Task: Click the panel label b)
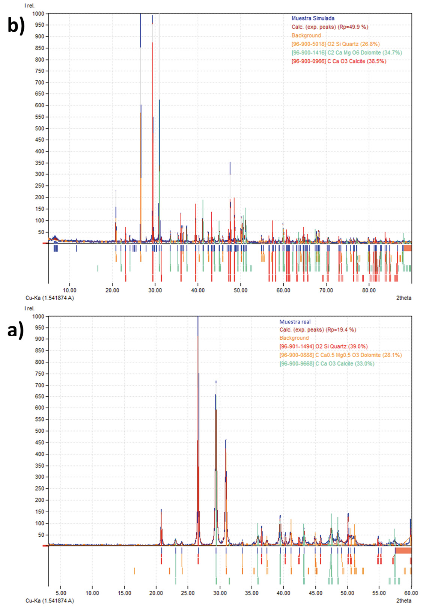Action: [16, 26]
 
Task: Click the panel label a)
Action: [16, 330]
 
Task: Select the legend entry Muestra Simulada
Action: [313, 18]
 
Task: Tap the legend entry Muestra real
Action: [295, 322]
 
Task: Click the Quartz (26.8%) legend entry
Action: [335, 44]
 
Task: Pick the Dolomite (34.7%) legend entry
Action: [346, 53]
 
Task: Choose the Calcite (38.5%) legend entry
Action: [339, 61]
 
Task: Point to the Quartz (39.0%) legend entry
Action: [323, 346]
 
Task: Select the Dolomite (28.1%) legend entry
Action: [340, 355]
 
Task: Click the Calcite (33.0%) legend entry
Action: [327, 364]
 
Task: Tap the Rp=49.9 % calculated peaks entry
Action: [330, 27]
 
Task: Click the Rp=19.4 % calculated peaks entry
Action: [318, 330]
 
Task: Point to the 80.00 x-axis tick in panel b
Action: [369, 290]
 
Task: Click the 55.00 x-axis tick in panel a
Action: [379, 593]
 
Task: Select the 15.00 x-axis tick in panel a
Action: [124, 593]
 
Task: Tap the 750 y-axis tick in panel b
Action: [39, 71]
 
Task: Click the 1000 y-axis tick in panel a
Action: [38, 316]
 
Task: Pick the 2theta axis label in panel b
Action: [403, 298]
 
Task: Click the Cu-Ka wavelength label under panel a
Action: [50, 600]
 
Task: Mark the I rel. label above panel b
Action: [29, 6]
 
